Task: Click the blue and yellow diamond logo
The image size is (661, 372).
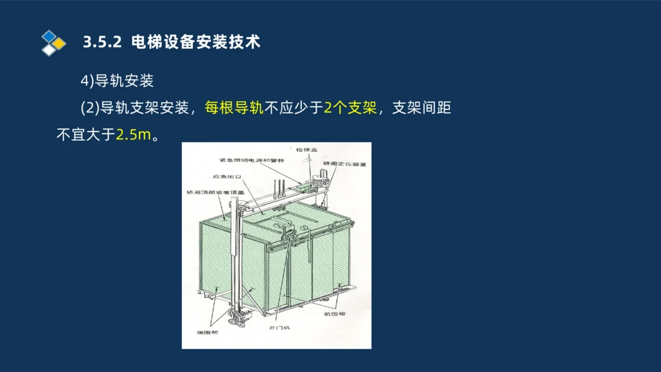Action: coord(54,42)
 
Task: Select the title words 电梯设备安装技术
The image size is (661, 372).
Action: coord(196,42)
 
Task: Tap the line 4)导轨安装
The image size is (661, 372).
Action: coord(117,81)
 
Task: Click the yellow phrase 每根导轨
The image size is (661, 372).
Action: coord(234,108)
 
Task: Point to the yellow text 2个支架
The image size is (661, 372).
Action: coord(350,108)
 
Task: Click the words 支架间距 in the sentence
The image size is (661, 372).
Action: coord(422,108)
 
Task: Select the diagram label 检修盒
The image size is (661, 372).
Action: coord(307,150)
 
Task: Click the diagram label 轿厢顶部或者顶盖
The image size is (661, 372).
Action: coord(210,192)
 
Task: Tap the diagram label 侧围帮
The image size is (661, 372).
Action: coord(208,332)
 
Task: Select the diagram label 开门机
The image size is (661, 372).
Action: coord(280,328)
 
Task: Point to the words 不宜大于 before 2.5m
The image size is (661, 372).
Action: coord(86,135)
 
